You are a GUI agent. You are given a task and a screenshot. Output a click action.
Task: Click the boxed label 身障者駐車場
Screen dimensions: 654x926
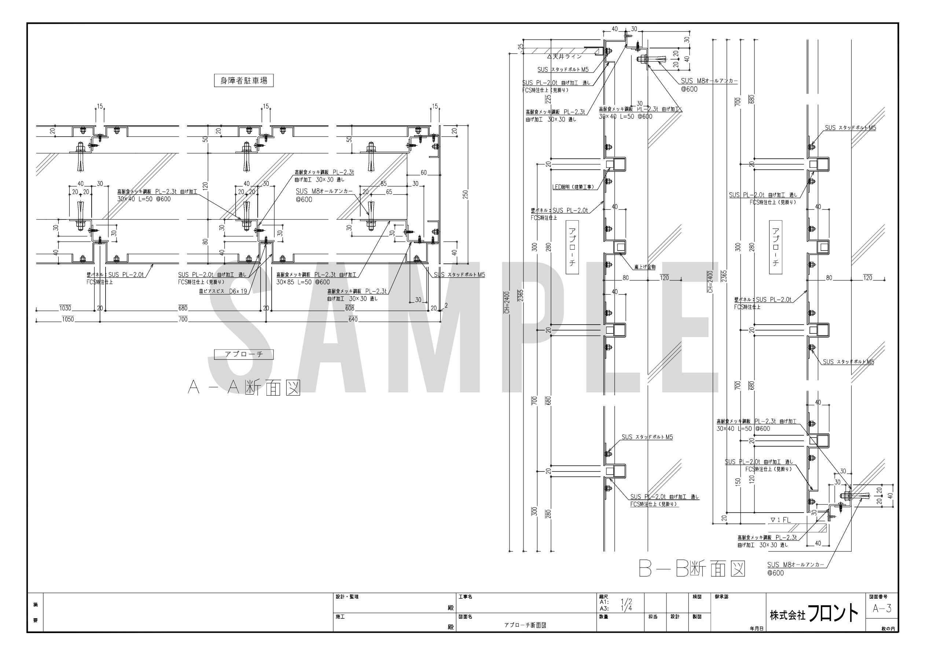coord(244,81)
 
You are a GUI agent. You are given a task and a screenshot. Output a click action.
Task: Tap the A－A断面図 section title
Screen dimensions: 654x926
coord(244,388)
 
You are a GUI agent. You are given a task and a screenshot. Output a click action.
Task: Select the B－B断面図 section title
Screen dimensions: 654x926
coord(692,569)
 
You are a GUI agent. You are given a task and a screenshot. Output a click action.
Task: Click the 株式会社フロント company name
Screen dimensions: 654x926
coord(814,614)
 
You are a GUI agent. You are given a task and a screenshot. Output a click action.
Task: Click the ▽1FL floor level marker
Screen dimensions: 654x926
coord(780,520)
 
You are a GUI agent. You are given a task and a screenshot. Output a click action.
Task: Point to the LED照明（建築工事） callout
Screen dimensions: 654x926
coord(573,187)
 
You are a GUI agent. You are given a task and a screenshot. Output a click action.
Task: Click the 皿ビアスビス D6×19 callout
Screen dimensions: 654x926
coord(223,291)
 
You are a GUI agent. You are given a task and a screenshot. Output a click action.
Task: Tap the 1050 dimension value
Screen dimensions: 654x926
coord(68,320)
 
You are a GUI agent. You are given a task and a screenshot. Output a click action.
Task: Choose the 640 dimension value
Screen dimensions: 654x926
coord(353,320)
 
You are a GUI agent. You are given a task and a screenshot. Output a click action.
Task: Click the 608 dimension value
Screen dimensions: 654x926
coord(350,308)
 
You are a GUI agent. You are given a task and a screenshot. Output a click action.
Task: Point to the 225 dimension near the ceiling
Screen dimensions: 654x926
coord(548,99)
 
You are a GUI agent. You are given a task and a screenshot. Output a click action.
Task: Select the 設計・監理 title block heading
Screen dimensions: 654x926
coord(347,597)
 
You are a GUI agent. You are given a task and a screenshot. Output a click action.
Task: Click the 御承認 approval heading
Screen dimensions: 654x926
coord(721,597)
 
